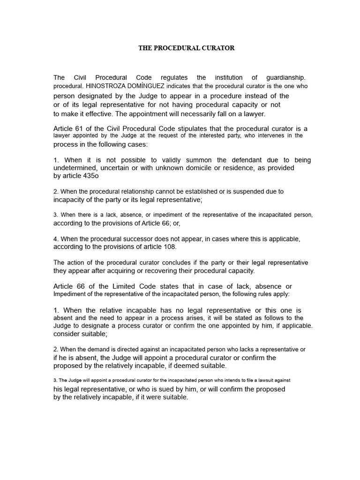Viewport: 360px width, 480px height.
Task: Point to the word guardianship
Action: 285,77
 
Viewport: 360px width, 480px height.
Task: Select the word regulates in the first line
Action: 174,77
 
